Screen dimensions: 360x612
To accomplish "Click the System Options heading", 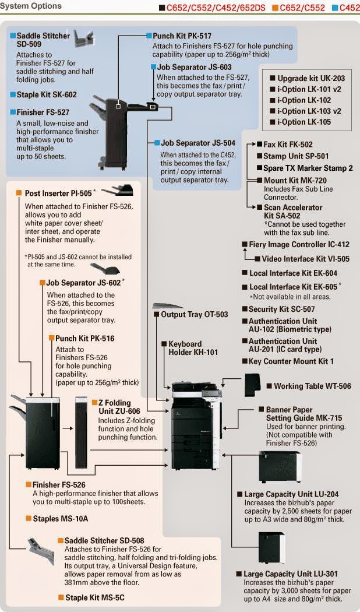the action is click(31, 6).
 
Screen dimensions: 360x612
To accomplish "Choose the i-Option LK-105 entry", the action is click(303, 122).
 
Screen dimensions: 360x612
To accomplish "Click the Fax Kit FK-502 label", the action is click(288, 145).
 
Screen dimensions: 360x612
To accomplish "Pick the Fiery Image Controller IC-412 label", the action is click(299, 245).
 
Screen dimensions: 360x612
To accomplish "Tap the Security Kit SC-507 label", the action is click(281, 309).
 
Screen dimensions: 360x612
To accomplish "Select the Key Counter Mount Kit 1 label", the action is click(291, 361).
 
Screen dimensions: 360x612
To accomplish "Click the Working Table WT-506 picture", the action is click(253, 384).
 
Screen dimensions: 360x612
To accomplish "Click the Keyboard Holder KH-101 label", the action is click(193, 348).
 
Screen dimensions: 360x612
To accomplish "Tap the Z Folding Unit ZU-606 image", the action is click(82, 431).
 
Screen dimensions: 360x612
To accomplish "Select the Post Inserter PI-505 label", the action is click(58, 193).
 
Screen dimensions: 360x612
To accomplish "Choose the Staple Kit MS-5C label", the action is click(94, 597).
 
